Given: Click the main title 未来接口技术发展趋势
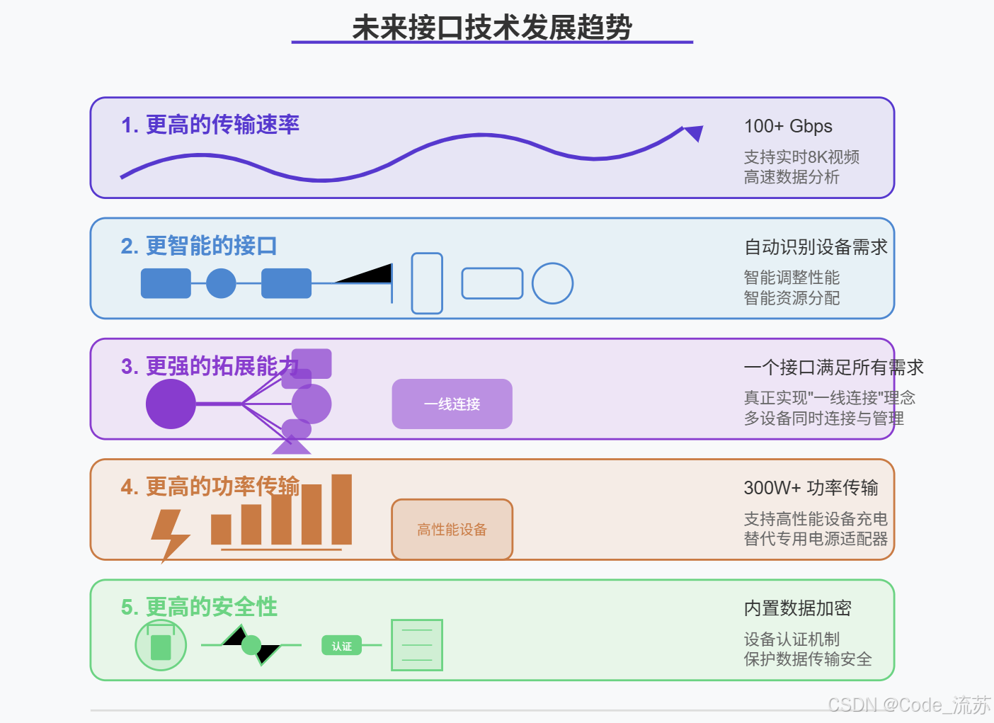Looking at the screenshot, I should [491, 28].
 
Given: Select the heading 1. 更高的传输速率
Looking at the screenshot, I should [210, 125].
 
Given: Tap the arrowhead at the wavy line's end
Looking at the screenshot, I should [694, 132].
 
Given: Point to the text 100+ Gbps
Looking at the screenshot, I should [787, 126].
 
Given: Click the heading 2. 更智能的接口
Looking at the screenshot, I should [198, 246].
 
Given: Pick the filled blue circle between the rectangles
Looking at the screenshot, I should [221, 283].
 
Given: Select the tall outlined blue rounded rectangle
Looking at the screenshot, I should [427, 283].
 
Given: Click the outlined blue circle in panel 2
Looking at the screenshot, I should [552, 283].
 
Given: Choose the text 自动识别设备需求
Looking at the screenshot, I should [816, 247].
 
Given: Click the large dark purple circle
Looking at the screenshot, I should [171, 404].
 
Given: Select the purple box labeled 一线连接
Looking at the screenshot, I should [452, 404].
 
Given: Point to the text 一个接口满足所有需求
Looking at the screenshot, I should [833, 368].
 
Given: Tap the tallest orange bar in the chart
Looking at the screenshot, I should [341, 509].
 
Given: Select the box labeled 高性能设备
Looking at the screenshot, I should [452, 529].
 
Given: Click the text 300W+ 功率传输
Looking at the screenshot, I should [811, 488].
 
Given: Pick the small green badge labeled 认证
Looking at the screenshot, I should [341, 646].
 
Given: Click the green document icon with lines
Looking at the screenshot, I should [417, 645].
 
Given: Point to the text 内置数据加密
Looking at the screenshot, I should [797, 608].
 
